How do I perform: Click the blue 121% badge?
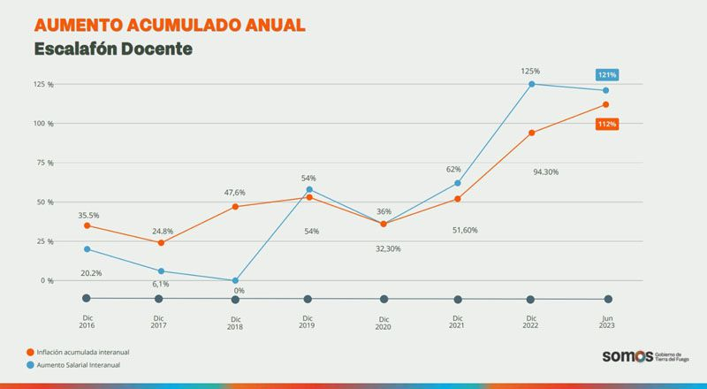pyautogui.click(x=606, y=74)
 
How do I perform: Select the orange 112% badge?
pyautogui.click(x=606, y=124)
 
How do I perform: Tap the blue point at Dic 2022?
pyautogui.click(x=532, y=84)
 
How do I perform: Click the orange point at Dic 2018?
pyautogui.click(x=235, y=207)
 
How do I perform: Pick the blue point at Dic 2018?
pyautogui.click(x=235, y=280)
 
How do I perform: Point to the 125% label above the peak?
pyautogui.click(x=530, y=71)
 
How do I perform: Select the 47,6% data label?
pyautogui.click(x=234, y=192)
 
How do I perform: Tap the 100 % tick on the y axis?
pyautogui.click(x=44, y=123)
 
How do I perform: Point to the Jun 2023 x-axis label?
pyautogui.click(x=606, y=322)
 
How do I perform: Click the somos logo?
pyautogui.click(x=627, y=356)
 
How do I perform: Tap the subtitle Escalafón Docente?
pyautogui.click(x=113, y=50)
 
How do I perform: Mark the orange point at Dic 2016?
pyautogui.click(x=87, y=225)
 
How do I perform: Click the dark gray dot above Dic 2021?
pyautogui.click(x=458, y=299)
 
